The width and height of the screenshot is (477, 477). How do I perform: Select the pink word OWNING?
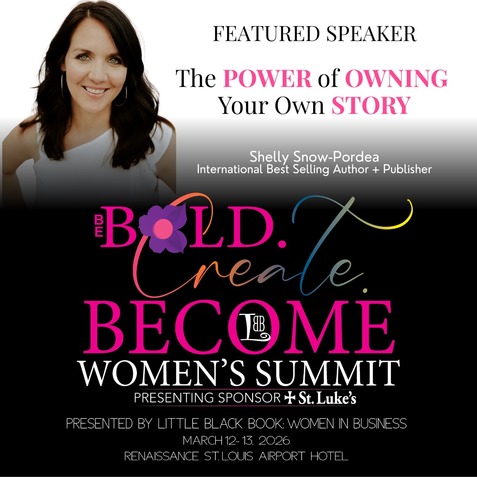pos(396,78)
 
